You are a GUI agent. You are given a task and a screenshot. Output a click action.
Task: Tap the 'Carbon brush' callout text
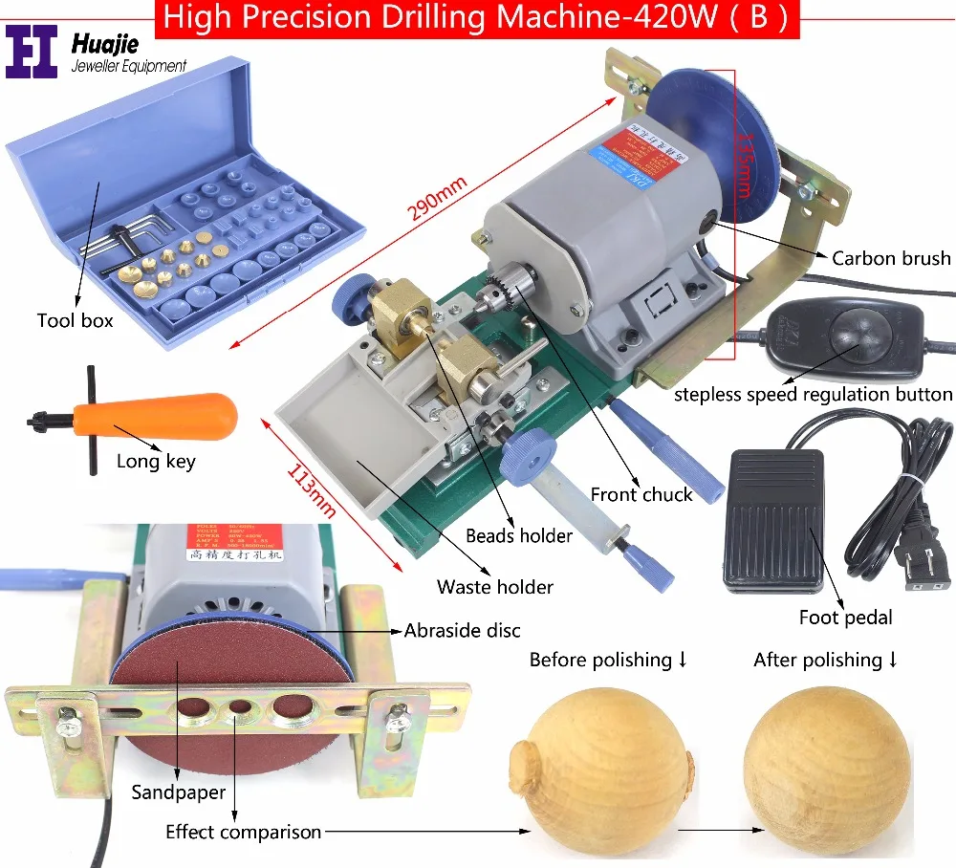[890, 258]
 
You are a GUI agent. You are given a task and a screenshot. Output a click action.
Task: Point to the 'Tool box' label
[75, 321]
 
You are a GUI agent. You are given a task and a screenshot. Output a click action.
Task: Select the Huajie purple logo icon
[33, 52]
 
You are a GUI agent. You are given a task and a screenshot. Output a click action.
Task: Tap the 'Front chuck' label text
[641, 494]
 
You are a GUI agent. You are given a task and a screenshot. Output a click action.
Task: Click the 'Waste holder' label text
[496, 587]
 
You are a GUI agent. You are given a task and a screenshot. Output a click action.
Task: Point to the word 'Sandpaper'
[180, 792]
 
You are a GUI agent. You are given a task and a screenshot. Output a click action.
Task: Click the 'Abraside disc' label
[463, 631]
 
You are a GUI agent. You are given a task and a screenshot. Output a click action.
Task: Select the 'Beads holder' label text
[519, 536]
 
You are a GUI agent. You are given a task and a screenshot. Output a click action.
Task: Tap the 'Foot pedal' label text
[845, 618]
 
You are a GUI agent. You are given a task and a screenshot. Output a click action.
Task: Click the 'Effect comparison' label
[243, 832]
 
